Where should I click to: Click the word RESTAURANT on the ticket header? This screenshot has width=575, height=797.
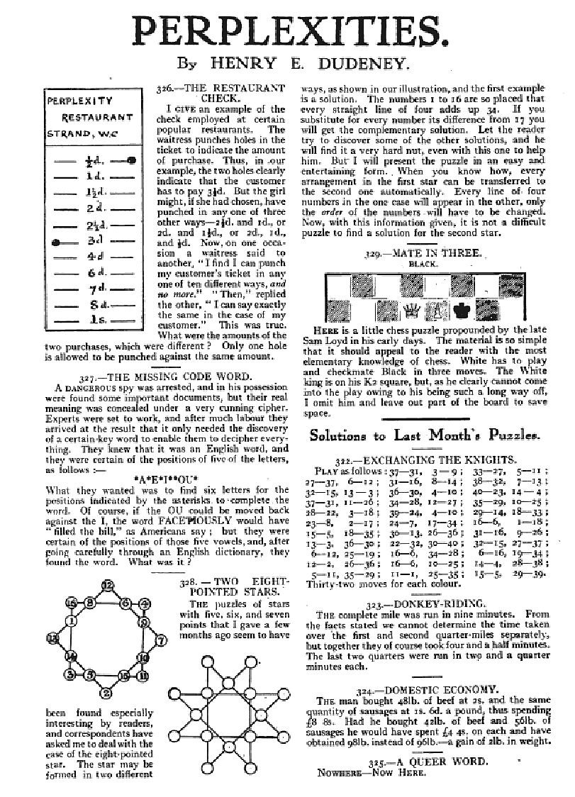[x=97, y=117]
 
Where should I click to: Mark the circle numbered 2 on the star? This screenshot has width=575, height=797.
[x=107, y=693]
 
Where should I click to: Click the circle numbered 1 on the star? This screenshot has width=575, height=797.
[x=72, y=622]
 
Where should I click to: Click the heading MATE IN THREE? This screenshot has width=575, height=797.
[x=433, y=252]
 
